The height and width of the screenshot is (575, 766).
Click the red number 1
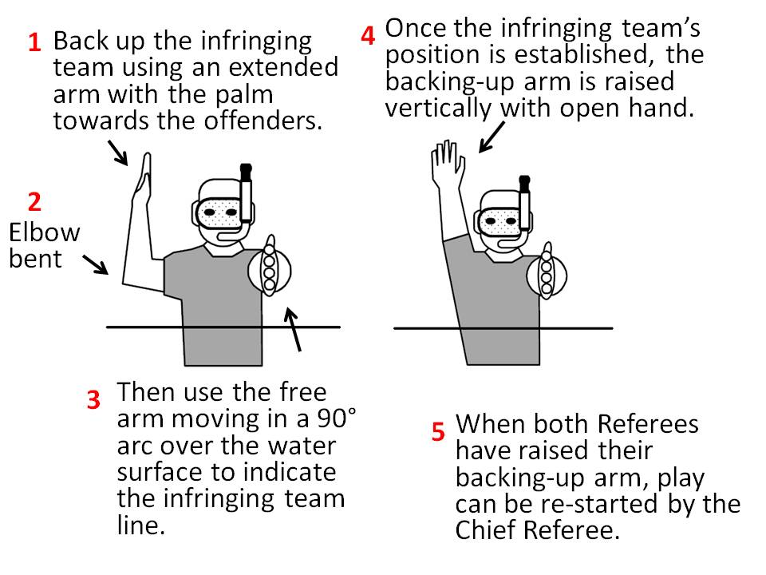pos(34,43)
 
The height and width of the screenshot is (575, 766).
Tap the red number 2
pos(34,201)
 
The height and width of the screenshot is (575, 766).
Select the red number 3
pos(93,399)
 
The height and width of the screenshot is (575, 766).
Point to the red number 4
pos(368,36)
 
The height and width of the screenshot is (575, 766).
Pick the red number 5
pos(438,432)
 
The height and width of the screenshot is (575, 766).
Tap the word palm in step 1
pos(240,94)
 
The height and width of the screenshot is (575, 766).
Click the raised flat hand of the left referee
pos(144,177)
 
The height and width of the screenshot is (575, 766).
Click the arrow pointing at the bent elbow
pos(96,264)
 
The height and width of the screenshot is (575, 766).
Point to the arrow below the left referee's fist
pos(294,329)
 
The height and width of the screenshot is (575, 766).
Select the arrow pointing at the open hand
pos(491,135)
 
